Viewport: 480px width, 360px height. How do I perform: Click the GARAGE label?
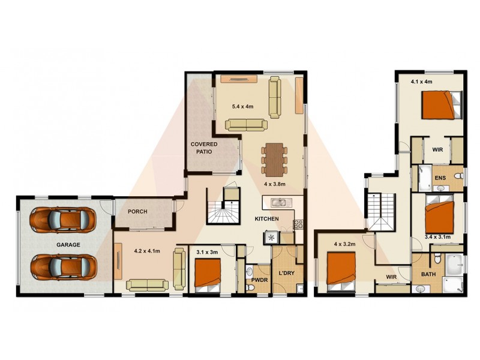[x=68, y=245]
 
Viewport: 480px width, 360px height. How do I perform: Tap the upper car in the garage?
[x=64, y=220]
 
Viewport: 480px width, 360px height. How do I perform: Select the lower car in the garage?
[x=64, y=266]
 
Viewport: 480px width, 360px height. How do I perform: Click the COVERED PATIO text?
[x=204, y=148]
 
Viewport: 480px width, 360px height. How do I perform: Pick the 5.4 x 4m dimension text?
[x=243, y=106]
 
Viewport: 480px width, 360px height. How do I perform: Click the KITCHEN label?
[x=267, y=219]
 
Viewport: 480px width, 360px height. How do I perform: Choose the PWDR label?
[x=259, y=280]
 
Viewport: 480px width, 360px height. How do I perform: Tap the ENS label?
[x=440, y=178]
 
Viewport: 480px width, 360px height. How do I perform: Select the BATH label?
[x=428, y=274]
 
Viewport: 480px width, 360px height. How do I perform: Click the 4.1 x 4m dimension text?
[x=421, y=81]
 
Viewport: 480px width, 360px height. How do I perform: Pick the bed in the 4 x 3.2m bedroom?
[x=341, y=270]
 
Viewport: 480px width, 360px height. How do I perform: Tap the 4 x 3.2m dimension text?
[x=345, y=244]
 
